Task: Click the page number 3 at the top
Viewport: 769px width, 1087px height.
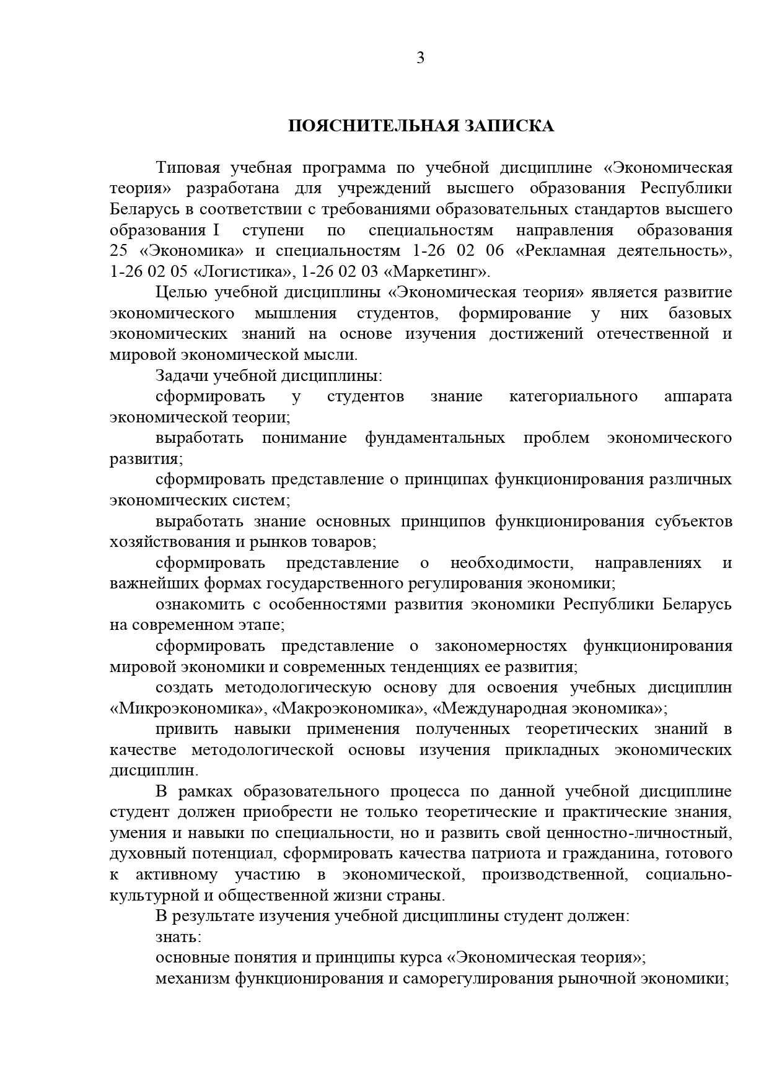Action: [420, 58]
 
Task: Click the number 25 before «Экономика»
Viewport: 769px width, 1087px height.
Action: [118, 251]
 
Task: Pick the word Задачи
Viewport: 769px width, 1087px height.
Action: [182, 375]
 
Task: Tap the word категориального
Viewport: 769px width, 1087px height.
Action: [573, 396]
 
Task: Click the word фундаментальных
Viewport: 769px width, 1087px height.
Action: [435, 438]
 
